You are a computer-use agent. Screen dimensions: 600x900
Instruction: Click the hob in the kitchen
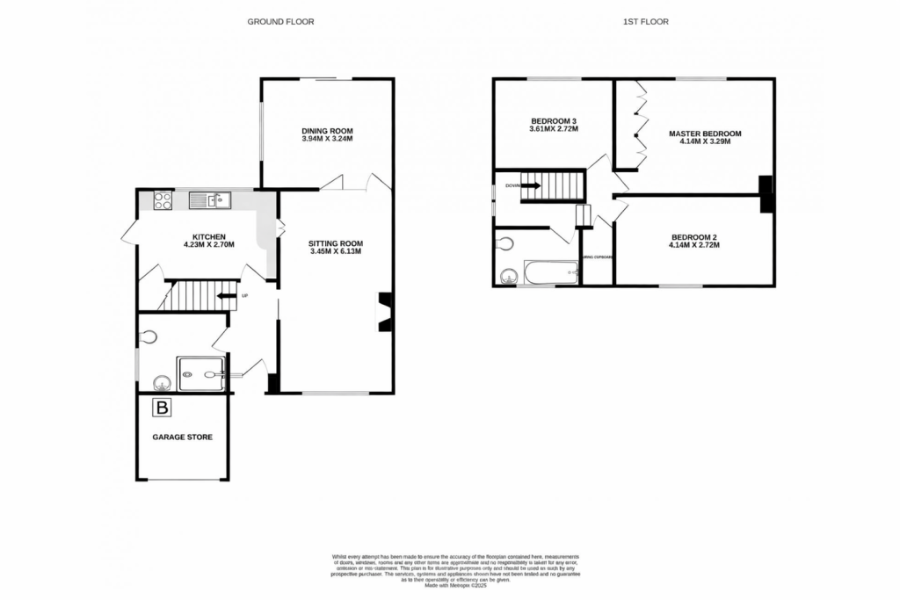[x=163, y=200]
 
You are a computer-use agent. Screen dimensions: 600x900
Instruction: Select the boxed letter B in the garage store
[x=162, y=408]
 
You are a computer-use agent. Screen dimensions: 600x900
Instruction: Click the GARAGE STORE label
[x=182, y=437]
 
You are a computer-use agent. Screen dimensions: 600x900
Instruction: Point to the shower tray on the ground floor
[x=200, y=373]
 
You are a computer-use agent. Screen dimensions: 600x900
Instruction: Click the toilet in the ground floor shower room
[x=149, y=336]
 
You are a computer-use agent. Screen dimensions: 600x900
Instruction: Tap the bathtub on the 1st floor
[x=549, y=272]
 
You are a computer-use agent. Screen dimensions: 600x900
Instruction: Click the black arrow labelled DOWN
[x=533, y=185]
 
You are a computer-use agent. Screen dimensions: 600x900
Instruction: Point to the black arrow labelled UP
[x=226, y=295]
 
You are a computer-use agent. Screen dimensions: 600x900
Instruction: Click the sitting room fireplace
[x=384, y=312]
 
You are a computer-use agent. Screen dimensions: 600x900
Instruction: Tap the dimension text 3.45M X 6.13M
[x=335, y=252]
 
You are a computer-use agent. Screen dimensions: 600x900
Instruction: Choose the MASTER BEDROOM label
[x=705, y=134]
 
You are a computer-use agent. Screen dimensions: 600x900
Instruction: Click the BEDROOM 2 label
[x=695, y=236]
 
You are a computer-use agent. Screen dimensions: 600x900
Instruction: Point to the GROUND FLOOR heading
[x=279, y=21]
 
